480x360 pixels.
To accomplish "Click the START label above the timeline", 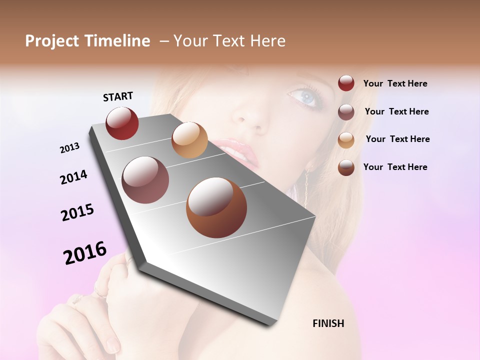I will pos(118,96).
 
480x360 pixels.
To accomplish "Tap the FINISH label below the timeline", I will pos(328,323).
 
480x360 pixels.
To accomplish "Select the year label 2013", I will pos(69,148).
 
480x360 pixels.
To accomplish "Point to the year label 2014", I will pos(73,177).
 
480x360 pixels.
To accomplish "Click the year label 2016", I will pos(85,253).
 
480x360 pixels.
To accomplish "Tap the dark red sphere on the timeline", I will pos(122,123).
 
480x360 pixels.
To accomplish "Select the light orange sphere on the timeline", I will pos(189,140).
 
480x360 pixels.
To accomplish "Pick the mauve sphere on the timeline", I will pos(145,180).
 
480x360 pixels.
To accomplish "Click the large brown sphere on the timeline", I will pos(216,207).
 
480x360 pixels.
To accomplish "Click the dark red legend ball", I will pos(346,83).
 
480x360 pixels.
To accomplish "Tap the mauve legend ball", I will pos(346,112).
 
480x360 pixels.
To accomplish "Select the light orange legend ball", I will pos(346,140).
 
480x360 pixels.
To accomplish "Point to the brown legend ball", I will pos(346,167).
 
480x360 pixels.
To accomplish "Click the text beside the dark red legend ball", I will pos(395,83).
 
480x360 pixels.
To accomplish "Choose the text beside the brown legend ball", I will pos(395,167).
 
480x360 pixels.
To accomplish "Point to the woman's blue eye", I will pos(306,96).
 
